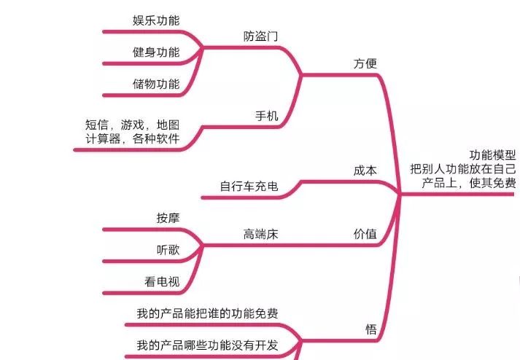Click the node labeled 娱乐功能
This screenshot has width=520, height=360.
tap(155, 19)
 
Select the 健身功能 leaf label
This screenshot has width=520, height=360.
tap(155, 52)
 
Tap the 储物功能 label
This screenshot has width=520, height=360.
tap(155, 85)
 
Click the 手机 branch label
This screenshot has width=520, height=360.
tap(266, 117)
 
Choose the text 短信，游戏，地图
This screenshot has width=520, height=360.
tap(132, 124)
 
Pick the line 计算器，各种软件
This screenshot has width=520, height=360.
tap(132, 138)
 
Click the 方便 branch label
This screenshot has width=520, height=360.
tap(365, 63)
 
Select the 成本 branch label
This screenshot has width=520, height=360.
tap(365, 170)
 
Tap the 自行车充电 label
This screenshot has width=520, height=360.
tap(249, 187)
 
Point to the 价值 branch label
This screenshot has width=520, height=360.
tap(365, 234)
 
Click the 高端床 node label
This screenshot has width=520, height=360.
tap(261, 234)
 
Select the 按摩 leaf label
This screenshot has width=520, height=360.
tap(168, 218)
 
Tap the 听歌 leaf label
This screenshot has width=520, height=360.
tap(168, 249)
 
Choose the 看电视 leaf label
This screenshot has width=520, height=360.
tap(162, 281)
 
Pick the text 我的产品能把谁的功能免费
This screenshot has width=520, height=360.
tap(207, 313)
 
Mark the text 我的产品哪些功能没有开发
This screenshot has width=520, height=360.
tap(207, 345)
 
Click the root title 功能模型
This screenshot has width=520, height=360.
tap(492, 154)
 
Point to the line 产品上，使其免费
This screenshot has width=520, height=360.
tap(468, 183)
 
